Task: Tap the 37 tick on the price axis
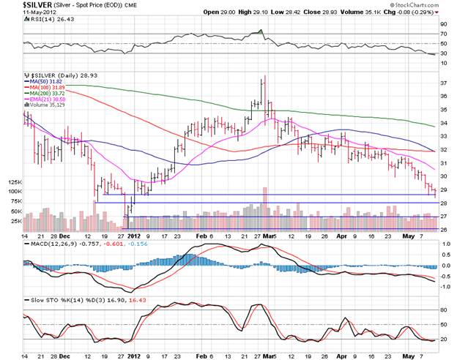pyautogui.click(x=443, y=83)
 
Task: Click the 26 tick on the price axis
pyautogui.click(x=443, y=228)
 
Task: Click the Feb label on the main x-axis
pyautogui.click(x=201, y=236)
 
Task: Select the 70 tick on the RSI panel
pyautogui.click(x=443, y=34)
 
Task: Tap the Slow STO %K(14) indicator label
pyautogui.click(x=52, y=301)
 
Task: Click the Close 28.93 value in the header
pyautogui.click(x=320, y=13)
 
